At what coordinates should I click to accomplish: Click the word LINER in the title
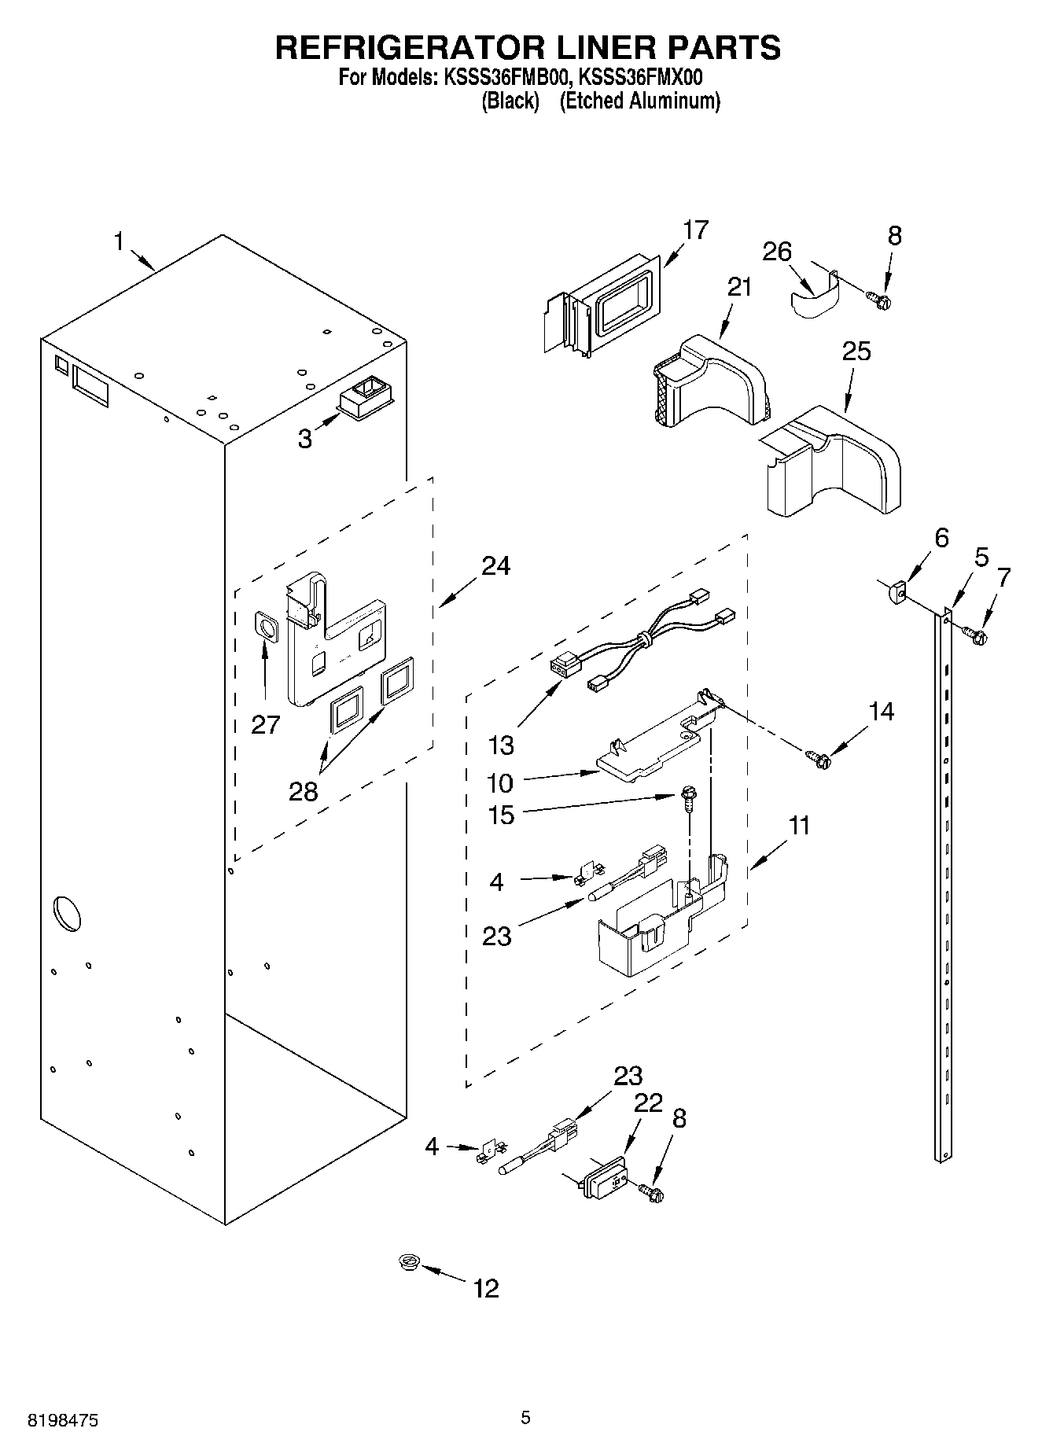[x=561, y=47]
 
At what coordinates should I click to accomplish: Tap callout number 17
[x=695, y=230]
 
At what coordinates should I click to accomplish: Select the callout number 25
[x=856, y=351]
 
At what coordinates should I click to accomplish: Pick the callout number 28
[x=303, y=790]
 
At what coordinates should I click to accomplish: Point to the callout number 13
[x=501, y=744]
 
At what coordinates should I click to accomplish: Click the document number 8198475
[x=64, y=1419]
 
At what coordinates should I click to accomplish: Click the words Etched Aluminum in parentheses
[x=639, y=101]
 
